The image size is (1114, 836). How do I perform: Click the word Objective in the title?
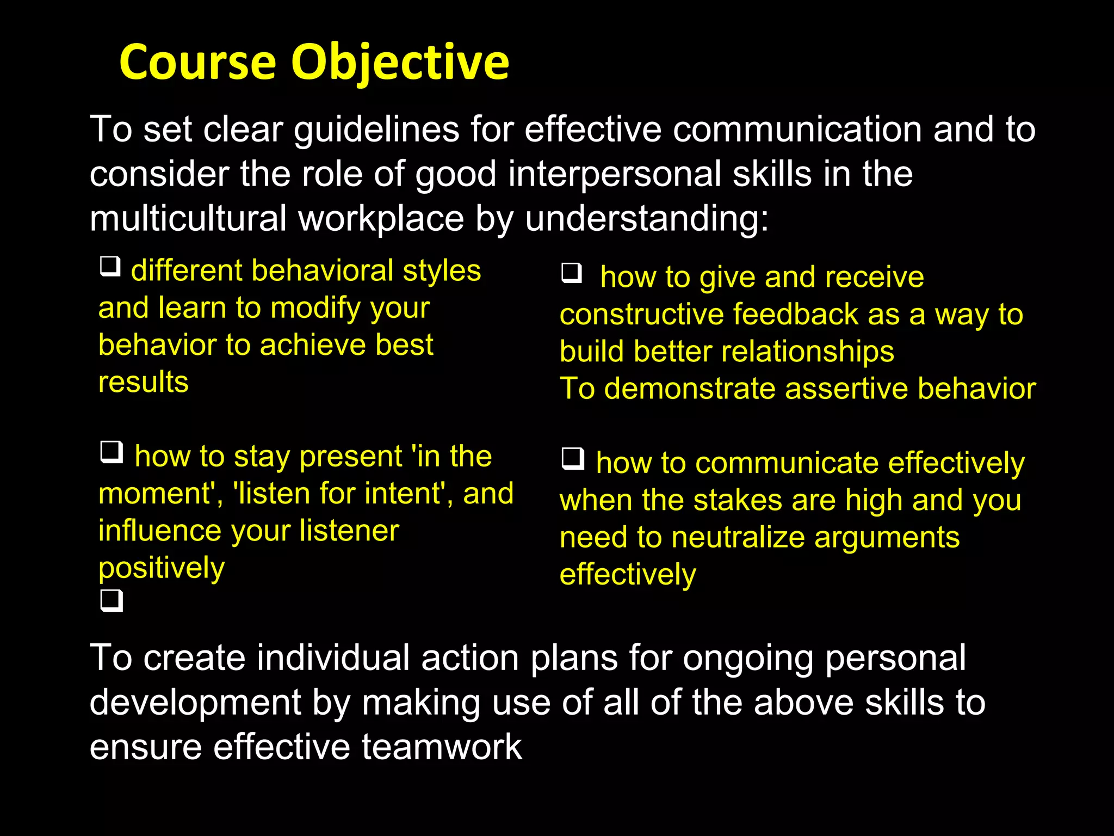coord(400,63)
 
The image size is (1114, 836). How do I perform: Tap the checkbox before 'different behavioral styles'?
coord(110,266)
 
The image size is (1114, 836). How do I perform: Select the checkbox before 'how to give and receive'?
coord(572,273)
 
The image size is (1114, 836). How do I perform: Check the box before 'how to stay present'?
coord(112,452)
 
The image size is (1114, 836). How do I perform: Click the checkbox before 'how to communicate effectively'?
coord(573,458)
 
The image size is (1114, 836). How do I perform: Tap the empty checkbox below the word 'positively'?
coord(112,600)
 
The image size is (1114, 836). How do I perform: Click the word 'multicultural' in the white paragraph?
coord(188,219)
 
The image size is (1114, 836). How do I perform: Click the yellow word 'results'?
coord(144,382)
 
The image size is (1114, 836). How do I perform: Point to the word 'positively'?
coord(162,568)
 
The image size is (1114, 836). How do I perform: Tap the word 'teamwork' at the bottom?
coord(441,747)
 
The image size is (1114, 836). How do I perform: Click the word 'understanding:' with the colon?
coord(647,219)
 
